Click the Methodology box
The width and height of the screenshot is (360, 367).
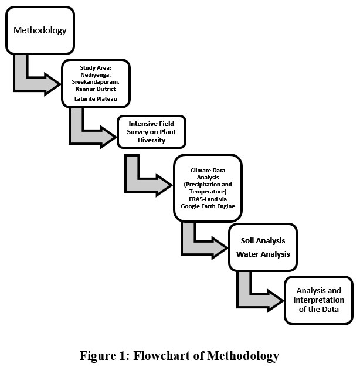(x=40, y=30)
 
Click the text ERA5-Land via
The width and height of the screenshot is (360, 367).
(x=208, y=199)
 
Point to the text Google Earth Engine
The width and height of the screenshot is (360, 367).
(x=208, y=207)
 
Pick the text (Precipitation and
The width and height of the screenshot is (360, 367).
(x=208, y=185)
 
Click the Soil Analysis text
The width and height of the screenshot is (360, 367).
(x=263, y=240)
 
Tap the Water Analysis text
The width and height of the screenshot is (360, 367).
(x=263, y=254)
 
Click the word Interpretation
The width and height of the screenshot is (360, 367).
(x=319, y=300)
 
